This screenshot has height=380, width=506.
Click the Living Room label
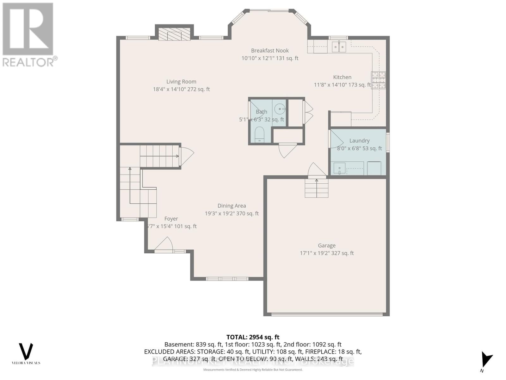click(x=181, y=82)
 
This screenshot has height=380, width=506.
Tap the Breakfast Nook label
click(x=270, y=51)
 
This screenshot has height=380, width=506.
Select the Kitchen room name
click(x=342, y=77)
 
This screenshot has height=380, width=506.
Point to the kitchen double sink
click(x=339, y=47)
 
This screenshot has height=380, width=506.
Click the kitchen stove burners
click(x=379, y=80)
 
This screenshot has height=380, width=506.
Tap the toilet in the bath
click(x=259, y=135)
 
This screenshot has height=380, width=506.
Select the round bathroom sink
click(x=280, y=109)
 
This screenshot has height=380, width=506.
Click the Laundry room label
click(x=359, y=141)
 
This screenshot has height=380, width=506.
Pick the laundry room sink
click(x=339, y=168)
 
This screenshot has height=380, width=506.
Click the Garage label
click(x=327, y=245)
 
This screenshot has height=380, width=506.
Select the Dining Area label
click(x=231, y=206)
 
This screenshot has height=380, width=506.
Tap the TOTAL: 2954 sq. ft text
click(x=253, y=337)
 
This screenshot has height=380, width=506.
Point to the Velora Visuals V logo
click(x=26, y=351)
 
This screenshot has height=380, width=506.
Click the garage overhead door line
click(x=327, y=314)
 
